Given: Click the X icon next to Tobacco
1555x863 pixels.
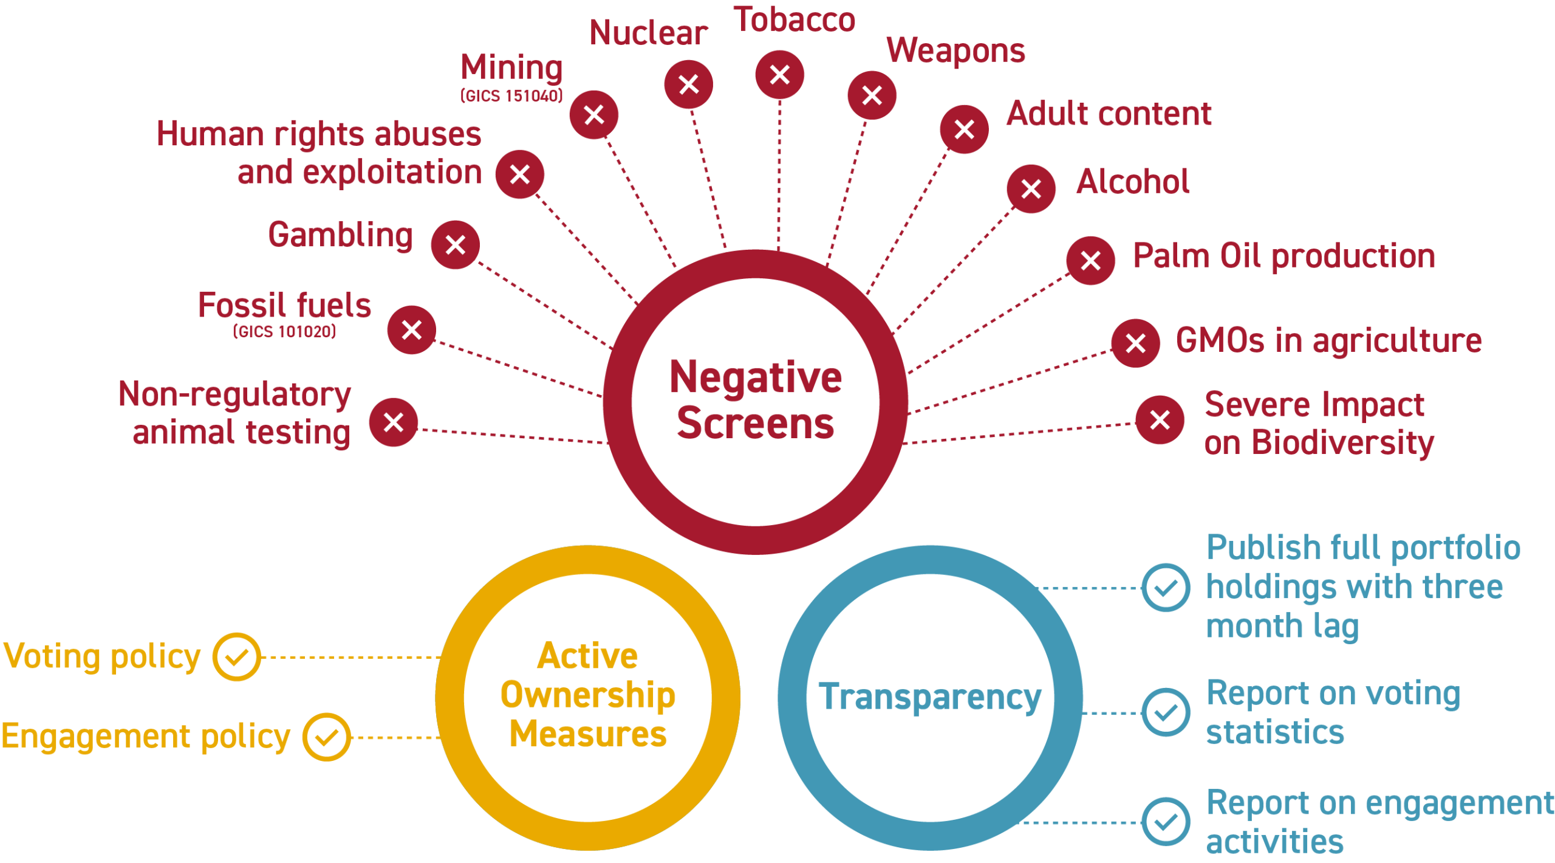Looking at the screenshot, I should click(779, 75).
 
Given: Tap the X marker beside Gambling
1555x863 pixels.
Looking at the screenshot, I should click(455, 245).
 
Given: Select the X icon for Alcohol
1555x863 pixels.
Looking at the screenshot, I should click(1031, 189).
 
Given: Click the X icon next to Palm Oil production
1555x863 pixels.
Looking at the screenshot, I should click(1090, 261).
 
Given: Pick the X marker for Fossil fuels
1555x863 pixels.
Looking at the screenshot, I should click(412, 330).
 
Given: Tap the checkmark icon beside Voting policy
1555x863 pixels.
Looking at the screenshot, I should click(236, 657).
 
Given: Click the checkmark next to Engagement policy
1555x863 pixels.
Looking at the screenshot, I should click(327, 737).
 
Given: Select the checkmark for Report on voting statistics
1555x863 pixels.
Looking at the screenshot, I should click(1166, 712).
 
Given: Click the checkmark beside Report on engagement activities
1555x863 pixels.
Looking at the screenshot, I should click(1166, 822).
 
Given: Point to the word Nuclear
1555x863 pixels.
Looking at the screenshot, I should click(648, 33).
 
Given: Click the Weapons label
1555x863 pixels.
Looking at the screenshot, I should click(955, 51).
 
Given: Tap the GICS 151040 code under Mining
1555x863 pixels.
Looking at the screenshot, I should click(511, 96).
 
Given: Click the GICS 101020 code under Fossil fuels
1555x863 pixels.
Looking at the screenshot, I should click(284, 331).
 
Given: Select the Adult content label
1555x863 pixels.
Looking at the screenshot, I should click(1109, 114).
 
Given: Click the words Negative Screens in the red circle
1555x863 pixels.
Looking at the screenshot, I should click(755, 400).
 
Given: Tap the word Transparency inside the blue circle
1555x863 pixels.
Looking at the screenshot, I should click(929, 696).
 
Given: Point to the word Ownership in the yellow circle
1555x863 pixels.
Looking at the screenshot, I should click(587, 695).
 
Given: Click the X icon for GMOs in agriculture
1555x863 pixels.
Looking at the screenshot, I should click(1135, 343).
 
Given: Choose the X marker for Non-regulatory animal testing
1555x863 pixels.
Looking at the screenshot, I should click(394, 422).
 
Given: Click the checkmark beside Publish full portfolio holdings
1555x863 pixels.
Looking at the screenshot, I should click(1166, 588).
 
